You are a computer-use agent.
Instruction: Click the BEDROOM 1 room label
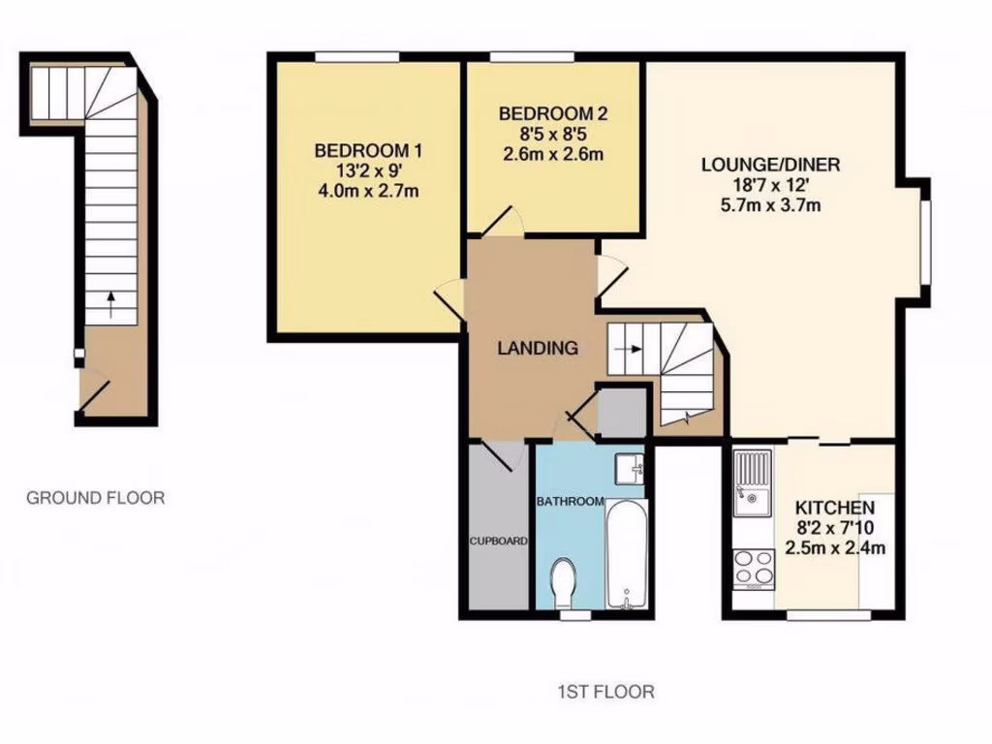pyautogui.click(x=368, y=151)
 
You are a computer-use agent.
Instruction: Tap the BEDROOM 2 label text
pyautogui.click(x=554, y=113)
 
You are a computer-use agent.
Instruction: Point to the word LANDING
pyautogui.click(x=538, y=348)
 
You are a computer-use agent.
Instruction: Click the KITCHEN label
pyautogui.click(x=835, y=508)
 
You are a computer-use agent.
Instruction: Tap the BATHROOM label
pyautogui.click(x=571, y=501)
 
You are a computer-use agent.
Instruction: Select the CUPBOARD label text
pyautogui.click(x=498, y=541)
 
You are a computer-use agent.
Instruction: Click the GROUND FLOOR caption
pyautogui.click(x=95, y=498)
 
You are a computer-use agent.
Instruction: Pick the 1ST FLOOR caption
pyautogui.click(x=605, y=692)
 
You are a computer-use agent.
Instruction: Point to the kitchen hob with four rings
pyautogui.click(x=751, y=568)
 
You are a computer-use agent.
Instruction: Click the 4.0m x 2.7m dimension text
pyautogui.click(x=368, y=190)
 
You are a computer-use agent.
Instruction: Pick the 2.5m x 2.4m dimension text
pyautogui.click(x=835, y=548)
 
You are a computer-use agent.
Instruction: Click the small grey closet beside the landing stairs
pyautogui.click(x=621, y=411)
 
